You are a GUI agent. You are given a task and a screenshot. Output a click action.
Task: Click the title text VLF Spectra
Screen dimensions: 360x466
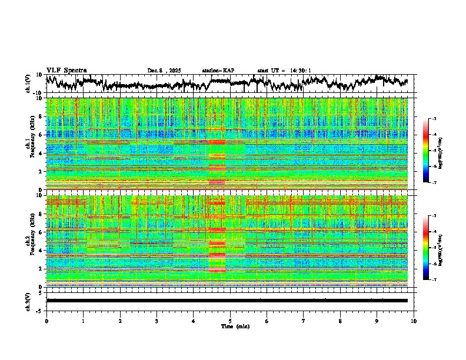pyautogui.click(x=66, y=70)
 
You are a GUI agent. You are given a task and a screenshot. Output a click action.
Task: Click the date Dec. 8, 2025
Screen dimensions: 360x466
pyautogui.click(x=165, y=71)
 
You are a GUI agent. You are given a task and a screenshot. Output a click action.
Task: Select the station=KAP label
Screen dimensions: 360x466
pyautogui.click(x=218, y=71)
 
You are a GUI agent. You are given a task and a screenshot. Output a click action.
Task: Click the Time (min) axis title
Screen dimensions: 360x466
pyautogui.click(x=235, y=326)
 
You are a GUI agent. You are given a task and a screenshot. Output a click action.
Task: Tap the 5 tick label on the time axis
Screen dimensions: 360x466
pyautogui.click(x=230, y=321)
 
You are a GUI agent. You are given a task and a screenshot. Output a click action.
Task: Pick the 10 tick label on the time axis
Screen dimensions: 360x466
pyautogui.click(x=414, y=321)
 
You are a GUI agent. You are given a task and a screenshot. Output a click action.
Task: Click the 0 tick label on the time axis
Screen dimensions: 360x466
pyautogui.click(x=46, y=321)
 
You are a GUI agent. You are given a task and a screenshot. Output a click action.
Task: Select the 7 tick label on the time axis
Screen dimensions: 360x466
pyautogui.click(x=304, y=321)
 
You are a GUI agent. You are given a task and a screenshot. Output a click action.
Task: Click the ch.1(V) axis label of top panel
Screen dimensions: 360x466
pyautogui.click(x=28, y=84)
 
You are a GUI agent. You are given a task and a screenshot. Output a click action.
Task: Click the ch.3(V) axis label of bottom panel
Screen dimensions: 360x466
pyautogui.click(x=28, y=300)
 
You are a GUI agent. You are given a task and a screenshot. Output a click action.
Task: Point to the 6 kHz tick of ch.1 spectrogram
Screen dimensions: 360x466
pyautogui.click(x=41, y=135)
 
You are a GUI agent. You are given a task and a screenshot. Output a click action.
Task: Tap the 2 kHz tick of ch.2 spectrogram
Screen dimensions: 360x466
pyautogui.click(x=41, y=269)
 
